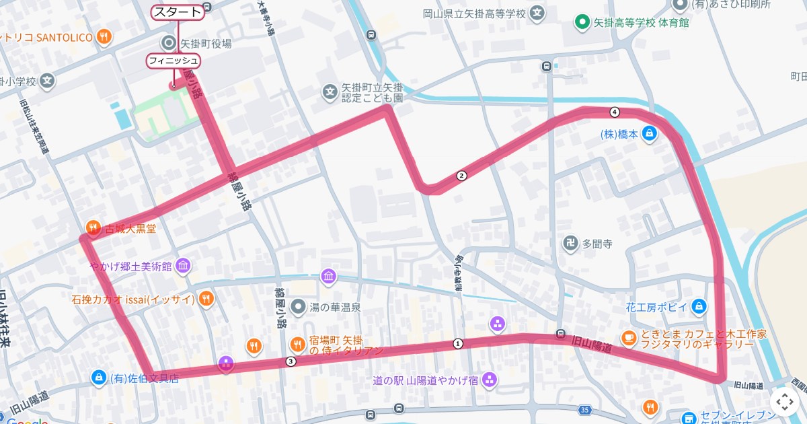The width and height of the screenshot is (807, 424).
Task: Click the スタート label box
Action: (178, 12)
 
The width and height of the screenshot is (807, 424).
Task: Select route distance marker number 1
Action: (459, 344)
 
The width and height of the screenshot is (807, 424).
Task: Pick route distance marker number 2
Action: (461, 176)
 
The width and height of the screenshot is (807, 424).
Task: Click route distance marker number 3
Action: (291, 362)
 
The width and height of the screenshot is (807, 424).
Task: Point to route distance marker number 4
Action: (614, 112)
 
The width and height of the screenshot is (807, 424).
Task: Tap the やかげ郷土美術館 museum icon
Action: (182, 267)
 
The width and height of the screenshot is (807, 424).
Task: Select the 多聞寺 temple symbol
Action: (570, 243)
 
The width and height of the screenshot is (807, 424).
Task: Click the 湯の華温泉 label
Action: (334, 307)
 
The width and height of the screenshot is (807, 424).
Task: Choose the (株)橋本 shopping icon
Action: (649, 133)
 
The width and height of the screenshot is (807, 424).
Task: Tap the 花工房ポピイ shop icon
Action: (699, 307)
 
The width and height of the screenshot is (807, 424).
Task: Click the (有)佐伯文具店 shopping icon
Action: (99, 378)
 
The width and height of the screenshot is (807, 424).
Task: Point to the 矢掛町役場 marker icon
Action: (168, 44)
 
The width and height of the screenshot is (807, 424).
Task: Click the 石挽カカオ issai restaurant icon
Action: (206, 298)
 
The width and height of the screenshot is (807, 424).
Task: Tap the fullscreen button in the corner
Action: (785, 402)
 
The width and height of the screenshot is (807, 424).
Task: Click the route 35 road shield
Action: (584, 410)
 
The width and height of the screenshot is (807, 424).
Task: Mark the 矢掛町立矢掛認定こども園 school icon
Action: (330, 92)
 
